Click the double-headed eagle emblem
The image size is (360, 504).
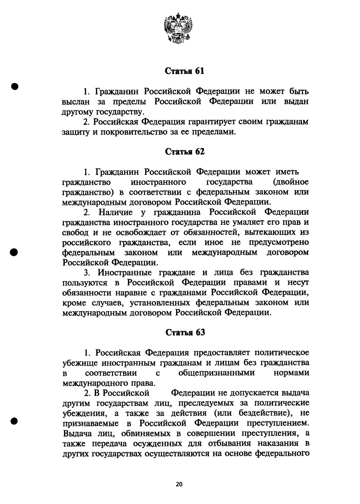[x=178, y=28]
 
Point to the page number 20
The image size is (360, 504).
[x=179, y=484]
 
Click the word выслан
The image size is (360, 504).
[x=76, y=102]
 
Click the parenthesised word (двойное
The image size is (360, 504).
[x=290, y=182]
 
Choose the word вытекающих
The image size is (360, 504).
[x=273, y=232]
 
